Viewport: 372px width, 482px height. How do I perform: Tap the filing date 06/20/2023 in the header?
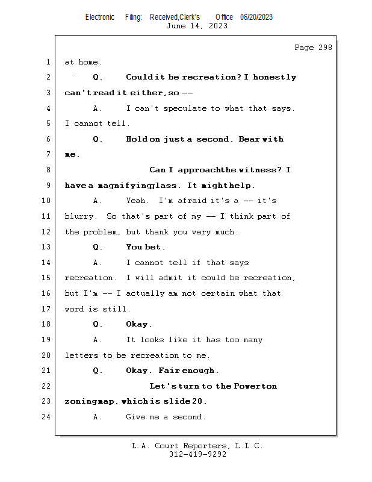click(x=256, y=17)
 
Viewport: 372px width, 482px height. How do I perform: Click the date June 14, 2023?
click(x=197, y=26)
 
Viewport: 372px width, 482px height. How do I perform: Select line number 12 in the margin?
click(x=48, y=232)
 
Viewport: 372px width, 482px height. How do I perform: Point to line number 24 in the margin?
click(x=48, y=417)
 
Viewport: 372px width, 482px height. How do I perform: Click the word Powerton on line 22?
click(x=255, y=386)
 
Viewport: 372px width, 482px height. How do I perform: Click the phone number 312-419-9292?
click(x=197, y=455)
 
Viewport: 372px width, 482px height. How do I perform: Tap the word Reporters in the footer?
click(x=203, y=446)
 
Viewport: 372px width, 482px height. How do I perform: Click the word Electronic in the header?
click(x=100, y=17)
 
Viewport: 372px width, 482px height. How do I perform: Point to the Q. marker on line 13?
click(x=98, y=247)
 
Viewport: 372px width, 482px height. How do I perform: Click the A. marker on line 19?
click(x=98, y=340)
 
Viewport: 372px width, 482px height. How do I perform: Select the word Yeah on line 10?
click(x=137, y=201)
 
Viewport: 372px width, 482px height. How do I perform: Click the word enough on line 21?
click(x=199, y=371)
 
